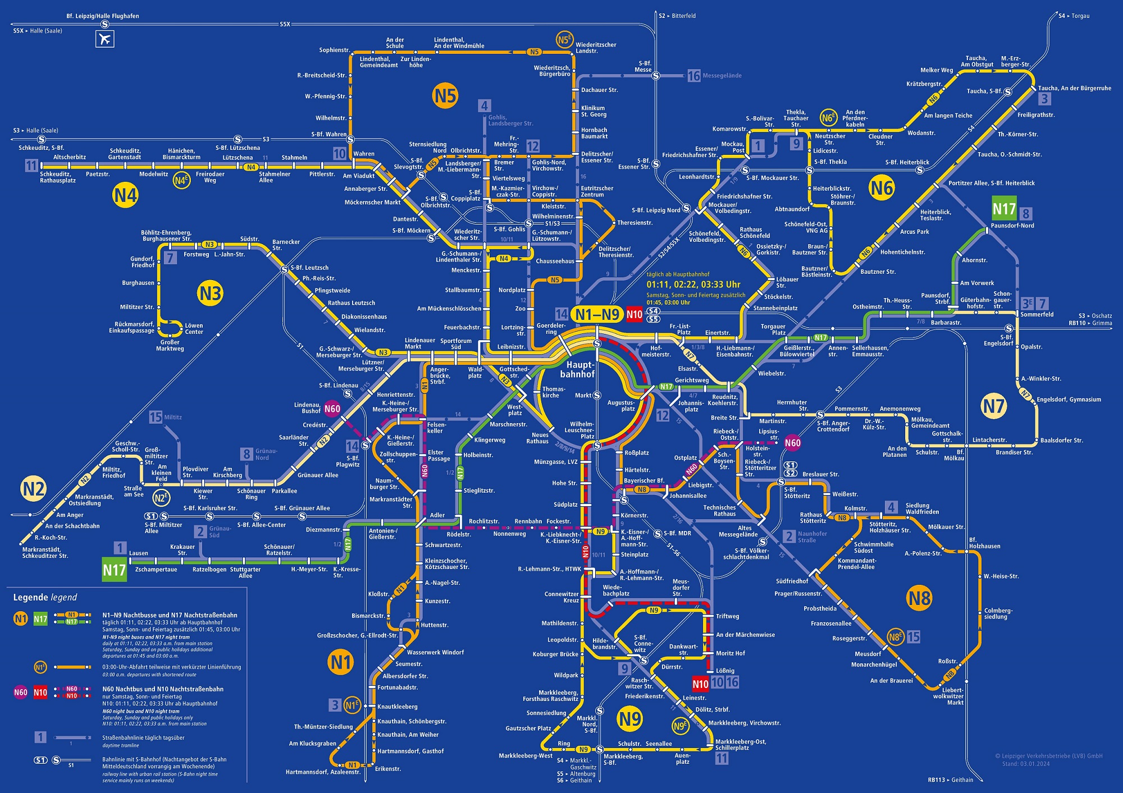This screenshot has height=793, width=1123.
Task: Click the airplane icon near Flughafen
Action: click(x=105, y=39)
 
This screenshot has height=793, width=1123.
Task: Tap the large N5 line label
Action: click(x=445, y=96)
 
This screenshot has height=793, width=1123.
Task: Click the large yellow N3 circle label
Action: click(x=210, y=293)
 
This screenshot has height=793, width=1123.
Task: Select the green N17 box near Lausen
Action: click(x=114, y=570)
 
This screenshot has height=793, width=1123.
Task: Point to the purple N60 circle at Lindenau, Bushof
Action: click(x=332, y=409)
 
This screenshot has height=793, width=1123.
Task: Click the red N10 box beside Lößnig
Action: click(x=700, y=684)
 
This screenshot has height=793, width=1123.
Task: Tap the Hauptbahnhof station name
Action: click(x=577, y=369)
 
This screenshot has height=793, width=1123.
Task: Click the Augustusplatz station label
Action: click(x=621, y=405)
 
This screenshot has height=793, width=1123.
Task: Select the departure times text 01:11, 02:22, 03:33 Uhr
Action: click(x=693, y=285)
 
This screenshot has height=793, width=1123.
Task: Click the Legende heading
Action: click(x=45, y=597)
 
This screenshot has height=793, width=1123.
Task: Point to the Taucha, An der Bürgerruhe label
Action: click(x=1074, y=88)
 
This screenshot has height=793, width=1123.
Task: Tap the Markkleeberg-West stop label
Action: click(x=526, y=755)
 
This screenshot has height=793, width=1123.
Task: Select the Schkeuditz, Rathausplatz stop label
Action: click(x=58, y=177)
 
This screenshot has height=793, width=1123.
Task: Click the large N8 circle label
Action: click(x=919, y=598)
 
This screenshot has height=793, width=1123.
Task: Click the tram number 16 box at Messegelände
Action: click(x=694, y=76)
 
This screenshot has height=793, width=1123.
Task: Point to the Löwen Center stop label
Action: click(x=194, y=328)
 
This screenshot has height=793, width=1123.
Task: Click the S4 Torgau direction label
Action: click(x=1074, y=16)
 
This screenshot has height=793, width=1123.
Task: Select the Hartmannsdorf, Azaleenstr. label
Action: click(x=323, y=772)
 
